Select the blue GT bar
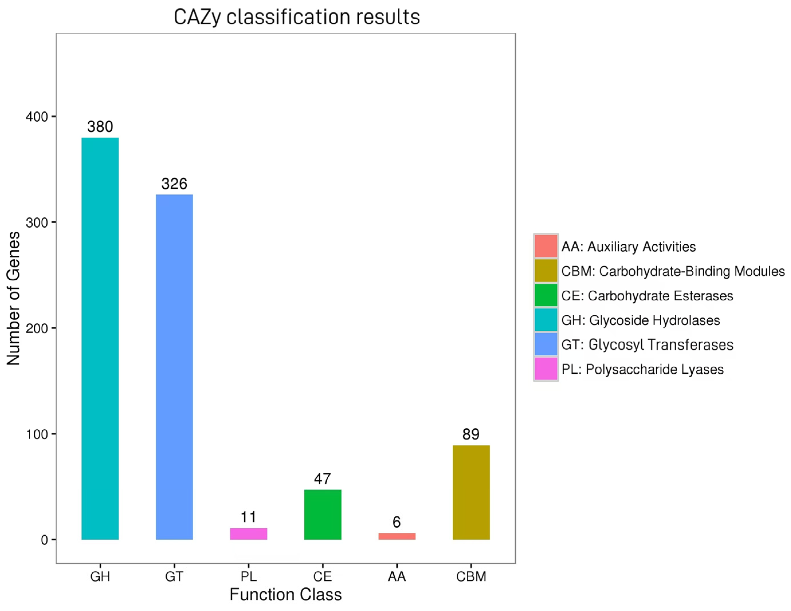[x=174, y=366]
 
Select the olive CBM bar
[x=471, y=492]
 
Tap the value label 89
[x=471, y=434]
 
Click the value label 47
[x=322, y=479]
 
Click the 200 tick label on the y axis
[x=37, y=328]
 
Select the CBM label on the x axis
[x=471, y=576]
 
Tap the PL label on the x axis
[x=248, y=576]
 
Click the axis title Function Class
[x=285, y=595]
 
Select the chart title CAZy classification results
[x=297, y=17]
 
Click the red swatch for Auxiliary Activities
[x=545, y=246]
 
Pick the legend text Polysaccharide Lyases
[x=642, y=369]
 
